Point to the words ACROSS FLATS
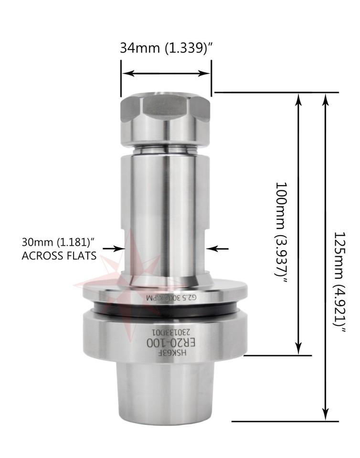(59, 256)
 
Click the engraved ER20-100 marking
(165, 343)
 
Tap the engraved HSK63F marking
(165, 354)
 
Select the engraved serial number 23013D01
(165, 332)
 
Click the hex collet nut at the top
(165, 114)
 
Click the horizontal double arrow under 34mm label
(165, 73)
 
